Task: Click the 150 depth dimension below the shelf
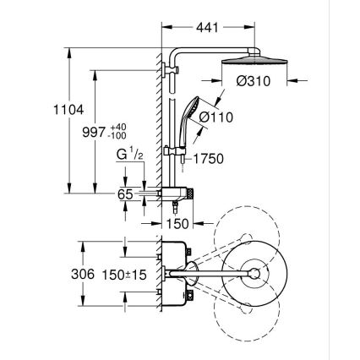point(177,224)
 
